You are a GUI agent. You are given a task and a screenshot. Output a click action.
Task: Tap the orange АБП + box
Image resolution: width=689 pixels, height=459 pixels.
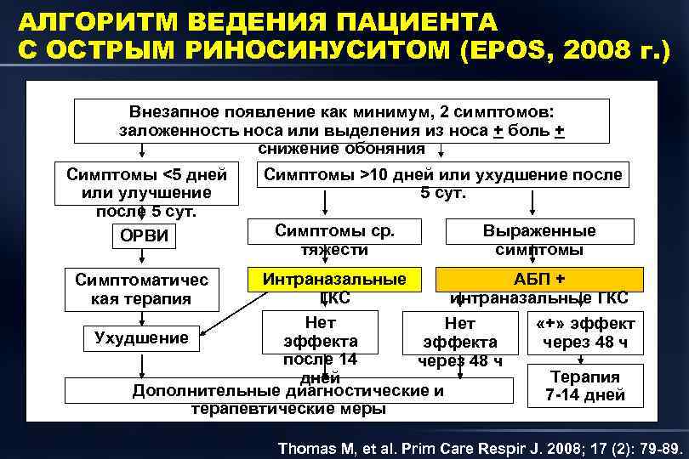(x=539, y=280)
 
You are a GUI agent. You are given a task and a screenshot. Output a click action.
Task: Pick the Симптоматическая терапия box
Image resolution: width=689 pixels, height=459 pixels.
(x=142, y=289)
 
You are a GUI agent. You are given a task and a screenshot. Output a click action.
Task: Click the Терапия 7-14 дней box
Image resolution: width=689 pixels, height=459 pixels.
(x=585, y=385)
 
